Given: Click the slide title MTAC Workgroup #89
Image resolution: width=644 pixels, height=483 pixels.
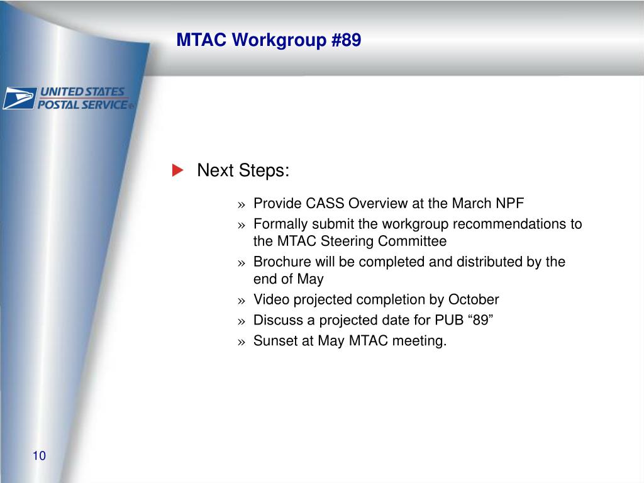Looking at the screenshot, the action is click(269, 40).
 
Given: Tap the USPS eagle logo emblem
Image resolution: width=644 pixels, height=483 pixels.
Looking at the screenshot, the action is click(19, 98).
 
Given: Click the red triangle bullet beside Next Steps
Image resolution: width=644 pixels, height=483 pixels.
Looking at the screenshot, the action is click(177, 170).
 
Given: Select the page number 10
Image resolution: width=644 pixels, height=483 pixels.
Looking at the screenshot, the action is click(39, 455).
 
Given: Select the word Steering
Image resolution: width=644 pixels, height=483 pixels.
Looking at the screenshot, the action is click(347, 241).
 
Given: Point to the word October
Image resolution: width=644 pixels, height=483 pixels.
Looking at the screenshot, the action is click(474, 299).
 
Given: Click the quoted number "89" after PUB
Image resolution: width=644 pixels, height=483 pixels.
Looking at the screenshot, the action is click(480, 320).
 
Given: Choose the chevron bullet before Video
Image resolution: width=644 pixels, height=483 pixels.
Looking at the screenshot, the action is click(241, 301).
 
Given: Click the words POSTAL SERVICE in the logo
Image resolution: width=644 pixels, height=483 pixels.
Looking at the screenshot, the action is click(82, 105).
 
